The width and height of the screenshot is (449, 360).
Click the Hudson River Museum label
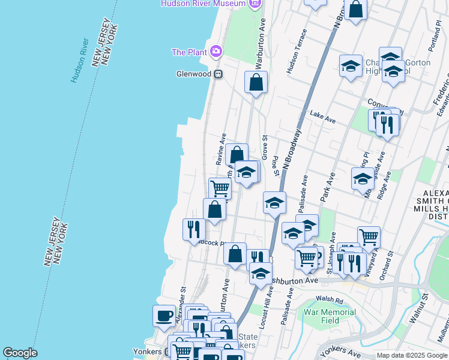[203, 4]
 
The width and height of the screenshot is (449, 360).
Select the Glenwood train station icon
[218, 74]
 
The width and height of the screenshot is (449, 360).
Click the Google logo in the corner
[19, 353]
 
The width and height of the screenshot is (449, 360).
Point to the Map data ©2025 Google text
[412, 355]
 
